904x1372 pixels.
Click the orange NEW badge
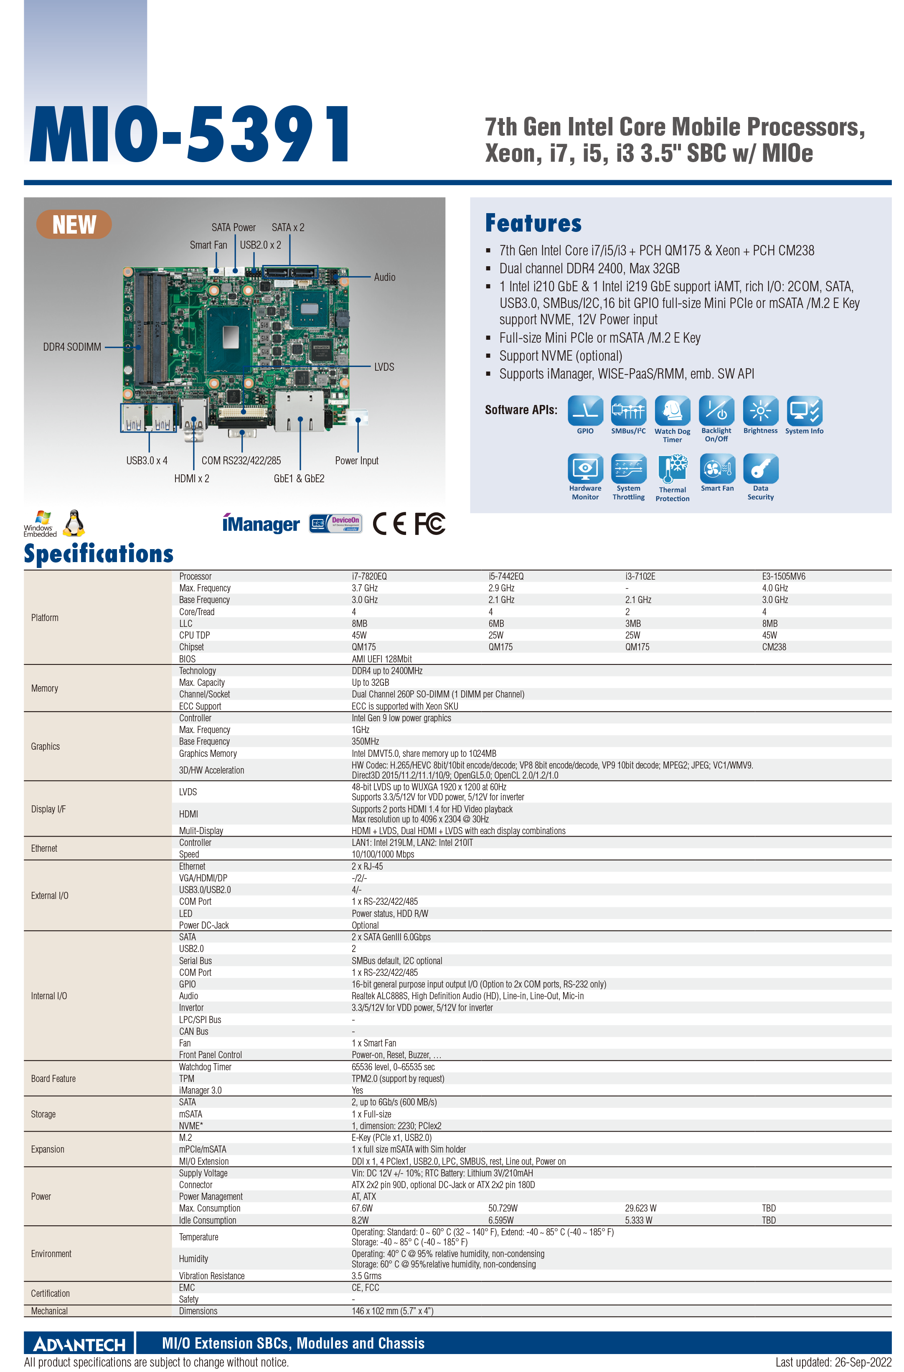pos(74,224)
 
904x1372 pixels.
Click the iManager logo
pos(261,524)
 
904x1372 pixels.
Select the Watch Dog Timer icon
pos(672,411)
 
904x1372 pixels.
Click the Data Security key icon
pos(760,468)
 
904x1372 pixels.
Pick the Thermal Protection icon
pos(672,469)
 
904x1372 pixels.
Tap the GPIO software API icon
pos(585,411)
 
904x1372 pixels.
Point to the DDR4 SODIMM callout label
pos(72,346)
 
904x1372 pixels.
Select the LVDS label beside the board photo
pos(384,367)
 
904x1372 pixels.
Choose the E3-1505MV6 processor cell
pos(784,576)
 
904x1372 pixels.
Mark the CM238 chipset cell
pos(774,647)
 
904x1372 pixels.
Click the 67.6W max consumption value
pos(362,1208)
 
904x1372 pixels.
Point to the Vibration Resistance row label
pos(211,1276)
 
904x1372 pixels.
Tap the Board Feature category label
pos(53,1079)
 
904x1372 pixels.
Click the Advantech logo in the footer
pos(79,1344)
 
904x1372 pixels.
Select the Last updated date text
pos(833,1362)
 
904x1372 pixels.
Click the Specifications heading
pos(99,554)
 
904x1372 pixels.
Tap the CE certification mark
pos(389,524)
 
